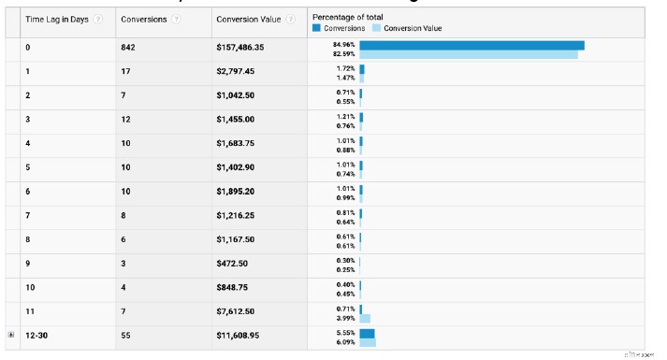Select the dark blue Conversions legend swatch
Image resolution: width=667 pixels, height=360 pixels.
(x=316, y=28)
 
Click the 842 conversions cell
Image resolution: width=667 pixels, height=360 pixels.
(x=128, y=47)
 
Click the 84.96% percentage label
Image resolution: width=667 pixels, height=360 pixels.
(x=344, y=44)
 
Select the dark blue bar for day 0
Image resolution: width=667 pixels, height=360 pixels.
(x=471, y=45)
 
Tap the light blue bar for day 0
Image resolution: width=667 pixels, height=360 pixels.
(x=468, y=55)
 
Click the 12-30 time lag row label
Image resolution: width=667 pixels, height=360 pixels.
(x=37, y=334)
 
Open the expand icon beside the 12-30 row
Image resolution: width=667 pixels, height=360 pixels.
(x=11, y=334)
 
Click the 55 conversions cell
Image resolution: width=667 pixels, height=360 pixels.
(x=126, y=334)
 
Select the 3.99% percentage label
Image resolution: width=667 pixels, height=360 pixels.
(x=345, y=318)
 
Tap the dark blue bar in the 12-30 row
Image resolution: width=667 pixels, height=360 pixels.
(x=367, y=333)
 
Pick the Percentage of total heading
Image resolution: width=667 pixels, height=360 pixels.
(x=347, y=17)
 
